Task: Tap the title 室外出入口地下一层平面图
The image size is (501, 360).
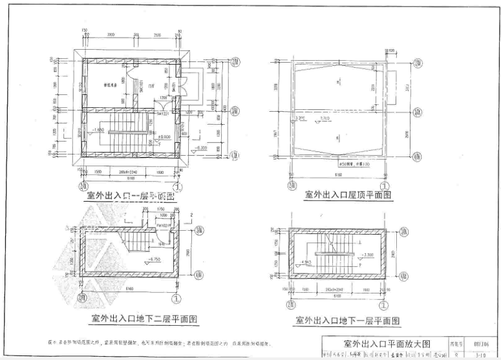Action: tap(347, 321)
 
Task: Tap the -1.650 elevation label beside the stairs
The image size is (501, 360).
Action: tap(98, 130)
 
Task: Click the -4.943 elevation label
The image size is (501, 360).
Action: tap(307, 262)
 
